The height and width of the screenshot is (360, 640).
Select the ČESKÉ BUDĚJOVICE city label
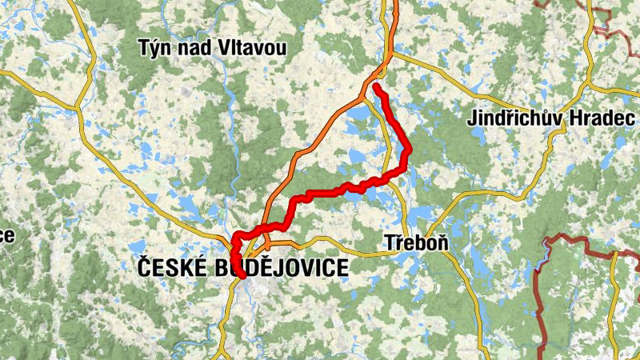click(x=243, y=268)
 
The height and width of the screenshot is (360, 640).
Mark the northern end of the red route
click(x=375, y=86)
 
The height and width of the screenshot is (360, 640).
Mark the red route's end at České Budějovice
click(x=241, y=276)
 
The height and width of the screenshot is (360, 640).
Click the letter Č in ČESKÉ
click(x=145, y=268)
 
